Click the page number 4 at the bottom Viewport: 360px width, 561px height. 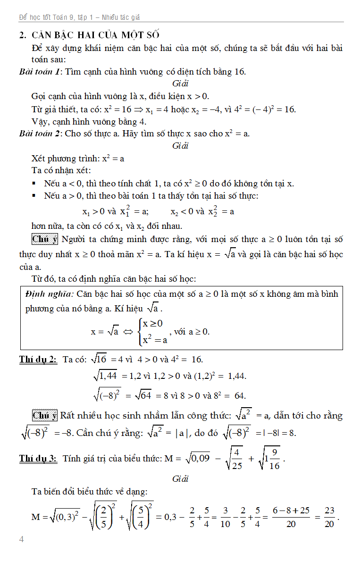[x=22, y=539]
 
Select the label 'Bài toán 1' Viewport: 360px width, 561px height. [x=40, y=72]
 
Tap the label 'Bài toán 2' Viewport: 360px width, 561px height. [x=40, y=134]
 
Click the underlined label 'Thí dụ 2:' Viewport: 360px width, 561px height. [x=38, y=360]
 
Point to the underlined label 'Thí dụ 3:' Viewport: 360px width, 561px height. [x=38, y=458]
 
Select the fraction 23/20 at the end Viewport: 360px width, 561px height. [x=330, y=517]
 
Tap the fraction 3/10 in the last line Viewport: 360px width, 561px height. [x=225, y=517]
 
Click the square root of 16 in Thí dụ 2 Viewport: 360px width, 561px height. [x=99, y=359]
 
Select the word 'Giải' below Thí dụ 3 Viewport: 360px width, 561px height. [x=180, y=479]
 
